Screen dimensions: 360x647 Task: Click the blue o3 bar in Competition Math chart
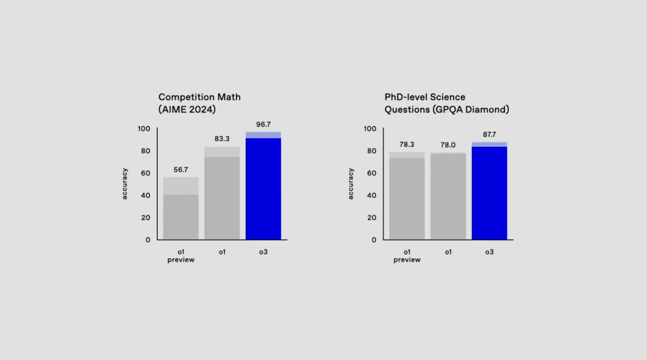coord(263,189)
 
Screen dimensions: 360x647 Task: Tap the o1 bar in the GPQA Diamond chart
coord(448,196)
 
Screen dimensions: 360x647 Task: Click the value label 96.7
coord(263,125)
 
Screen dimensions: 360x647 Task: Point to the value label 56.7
coord(181,170)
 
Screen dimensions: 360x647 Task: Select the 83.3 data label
coord(222,139)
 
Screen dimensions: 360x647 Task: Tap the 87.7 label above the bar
coord(489,135)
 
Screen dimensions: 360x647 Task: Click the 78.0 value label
coord(448,145)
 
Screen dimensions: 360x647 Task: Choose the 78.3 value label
coord(407,144)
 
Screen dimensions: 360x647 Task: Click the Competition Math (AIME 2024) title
coord(199,103)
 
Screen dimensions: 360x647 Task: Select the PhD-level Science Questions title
coord(447,103)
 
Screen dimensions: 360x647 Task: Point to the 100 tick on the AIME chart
coord(144,129)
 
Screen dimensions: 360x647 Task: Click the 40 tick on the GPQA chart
coord(371,195)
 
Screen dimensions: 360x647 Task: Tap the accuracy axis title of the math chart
coord(125,184)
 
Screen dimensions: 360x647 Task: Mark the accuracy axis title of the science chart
coord(351,184)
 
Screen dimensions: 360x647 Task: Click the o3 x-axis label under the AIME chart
coord(263,252)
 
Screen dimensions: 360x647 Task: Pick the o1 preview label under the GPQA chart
coord(407,256)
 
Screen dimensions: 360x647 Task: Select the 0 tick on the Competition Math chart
coord(148,240)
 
